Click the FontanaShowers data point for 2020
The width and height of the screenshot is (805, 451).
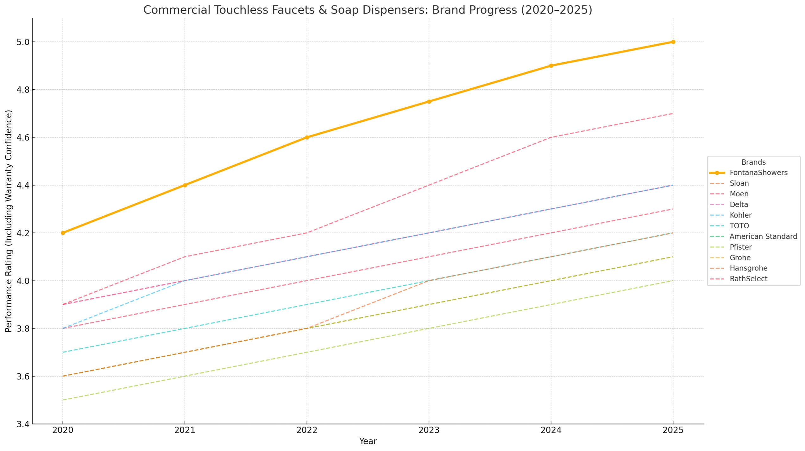tap(63, 233)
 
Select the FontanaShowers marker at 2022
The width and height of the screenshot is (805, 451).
tap(307, 137)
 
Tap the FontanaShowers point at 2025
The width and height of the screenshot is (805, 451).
tap(673, 42)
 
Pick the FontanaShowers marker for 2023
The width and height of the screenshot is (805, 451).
tap(429, 102)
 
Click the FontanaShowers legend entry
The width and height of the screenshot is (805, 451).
tap(758, 173)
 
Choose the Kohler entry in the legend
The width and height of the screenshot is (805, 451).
tap(740, 215)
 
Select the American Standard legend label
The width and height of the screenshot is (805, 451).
tap(763, 236)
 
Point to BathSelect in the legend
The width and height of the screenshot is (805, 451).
tap(748, 279)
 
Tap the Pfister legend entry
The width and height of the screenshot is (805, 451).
tap(740, 247)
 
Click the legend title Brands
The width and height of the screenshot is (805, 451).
tap(753, 162)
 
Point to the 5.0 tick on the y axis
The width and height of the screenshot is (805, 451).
tap(23, 42)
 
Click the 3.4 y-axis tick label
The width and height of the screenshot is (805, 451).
tap(23, 424)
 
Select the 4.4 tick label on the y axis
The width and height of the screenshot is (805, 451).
tap(23, 185)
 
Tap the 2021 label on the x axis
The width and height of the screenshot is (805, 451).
tap(185, 430)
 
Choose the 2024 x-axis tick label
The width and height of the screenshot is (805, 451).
tap(551, 430)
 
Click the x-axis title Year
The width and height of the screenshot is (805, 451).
tap(368, 441)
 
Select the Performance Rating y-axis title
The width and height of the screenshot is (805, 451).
tap(9, 221)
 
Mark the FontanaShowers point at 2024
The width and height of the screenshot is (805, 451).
tap(551, 66)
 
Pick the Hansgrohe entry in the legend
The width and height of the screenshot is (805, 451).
tap(748, 268)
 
